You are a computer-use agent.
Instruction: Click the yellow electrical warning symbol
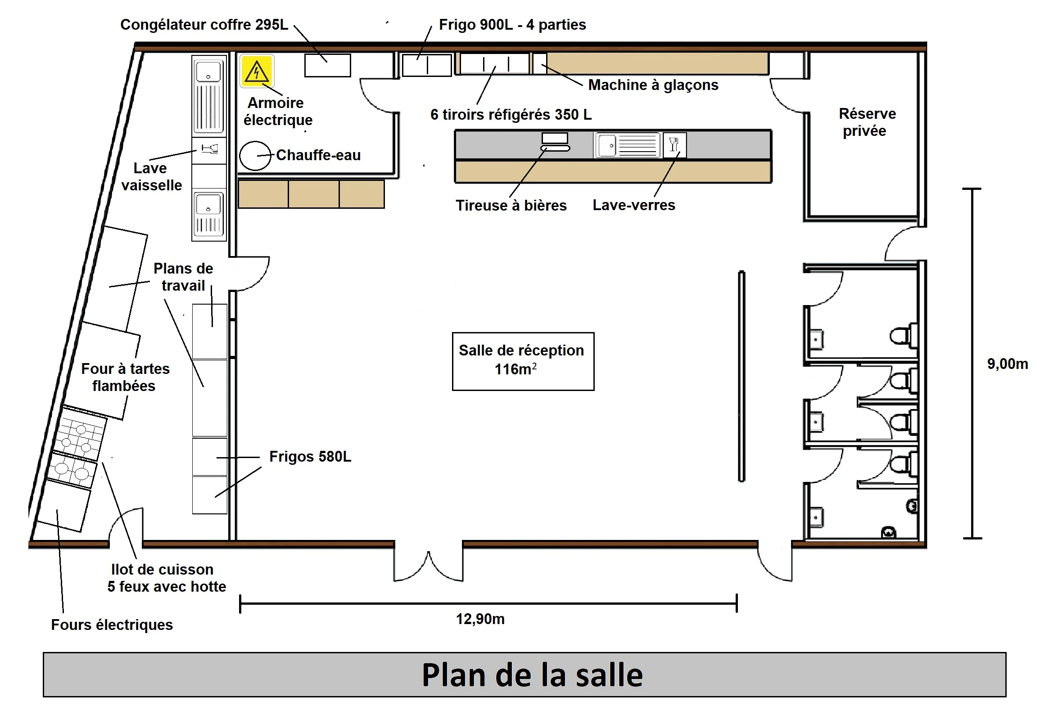pos(257,71)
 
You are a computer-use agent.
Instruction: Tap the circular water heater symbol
pos(255,156)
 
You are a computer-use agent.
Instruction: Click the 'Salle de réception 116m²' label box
pos(523,361)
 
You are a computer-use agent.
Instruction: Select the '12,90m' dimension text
pos(480,619)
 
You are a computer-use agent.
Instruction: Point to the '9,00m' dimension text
pos(1008,364)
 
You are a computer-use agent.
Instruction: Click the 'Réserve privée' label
pos(867,122)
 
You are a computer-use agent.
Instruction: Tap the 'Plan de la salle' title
pos(532,675)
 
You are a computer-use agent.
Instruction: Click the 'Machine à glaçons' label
pos(653,85)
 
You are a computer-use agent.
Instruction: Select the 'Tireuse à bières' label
pos(511,205)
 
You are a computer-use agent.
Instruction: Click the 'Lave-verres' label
pos(634,205)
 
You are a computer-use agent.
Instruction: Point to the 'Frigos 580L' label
pos(310,457)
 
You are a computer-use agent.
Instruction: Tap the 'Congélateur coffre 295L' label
pos(204,24)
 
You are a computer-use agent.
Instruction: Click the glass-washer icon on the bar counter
pos(674,145)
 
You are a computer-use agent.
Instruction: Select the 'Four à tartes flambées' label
pos(125,377)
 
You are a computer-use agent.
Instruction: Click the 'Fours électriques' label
pos(112,625)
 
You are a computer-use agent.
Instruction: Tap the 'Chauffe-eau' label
pos(318,155)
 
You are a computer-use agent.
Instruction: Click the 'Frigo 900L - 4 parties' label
pos(512,24)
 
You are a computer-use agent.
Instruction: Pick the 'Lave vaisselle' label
pos(151,176)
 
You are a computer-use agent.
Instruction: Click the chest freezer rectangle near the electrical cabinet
pos(327,65)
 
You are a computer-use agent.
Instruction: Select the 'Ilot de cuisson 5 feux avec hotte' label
pos(167,578)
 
